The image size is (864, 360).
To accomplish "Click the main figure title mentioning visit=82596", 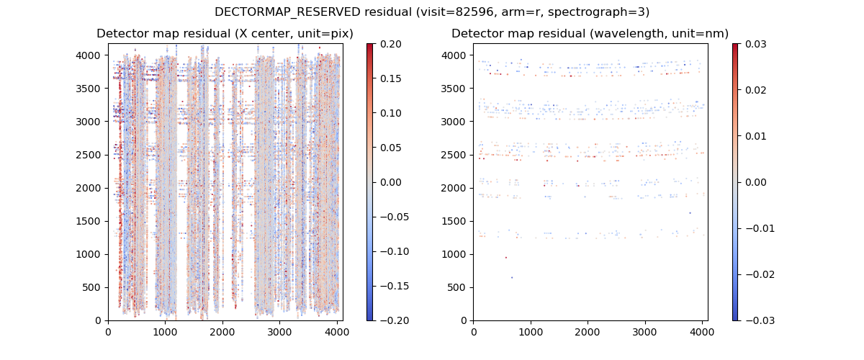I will pyautogui.click(x=432, y=12).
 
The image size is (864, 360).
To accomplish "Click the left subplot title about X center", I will pyautogui.click(x=225, y=34).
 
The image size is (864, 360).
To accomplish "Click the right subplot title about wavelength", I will pyautogui.click(x=590, y=34).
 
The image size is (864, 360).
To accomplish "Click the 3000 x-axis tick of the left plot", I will pyautogui.click(x=279, y=333).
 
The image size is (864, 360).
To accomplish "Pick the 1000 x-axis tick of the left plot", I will pyautogui.click(x=165, y=333).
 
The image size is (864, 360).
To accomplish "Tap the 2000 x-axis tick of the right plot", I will pyautogui.click(x=588, y=333).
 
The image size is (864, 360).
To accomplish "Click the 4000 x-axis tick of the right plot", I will pyautogui.click(x=702, y=333).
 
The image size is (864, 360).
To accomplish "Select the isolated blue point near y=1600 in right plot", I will pyautogui.click(x=690, y=213).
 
